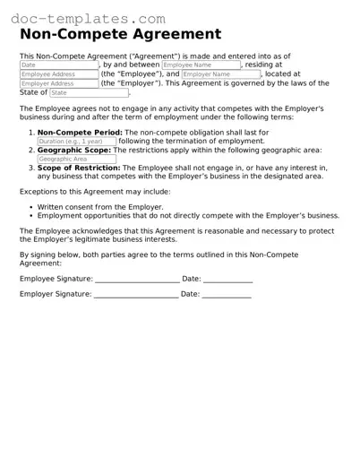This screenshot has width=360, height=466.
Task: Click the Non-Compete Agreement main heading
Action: (x=120, y=35)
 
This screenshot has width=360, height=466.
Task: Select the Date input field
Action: (x=58, y=65)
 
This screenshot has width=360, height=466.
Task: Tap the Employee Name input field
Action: (x=201, y=65)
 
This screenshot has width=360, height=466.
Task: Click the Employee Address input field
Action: (x=58, y=74)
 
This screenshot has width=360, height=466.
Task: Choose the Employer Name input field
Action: (x=219, y=74)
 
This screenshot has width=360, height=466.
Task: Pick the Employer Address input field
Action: (x=58, y=83)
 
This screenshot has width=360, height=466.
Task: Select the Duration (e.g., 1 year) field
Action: (x=76, y=142)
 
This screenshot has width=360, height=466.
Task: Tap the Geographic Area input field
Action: (x=76, y=159)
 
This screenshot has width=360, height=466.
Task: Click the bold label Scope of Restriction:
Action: (x=79, y=168)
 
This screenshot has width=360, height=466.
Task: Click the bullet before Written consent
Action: (x=30, y=207)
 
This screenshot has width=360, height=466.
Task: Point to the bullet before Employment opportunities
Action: (x=30, y=216)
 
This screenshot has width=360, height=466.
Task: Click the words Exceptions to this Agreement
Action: (x=64, y=192)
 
